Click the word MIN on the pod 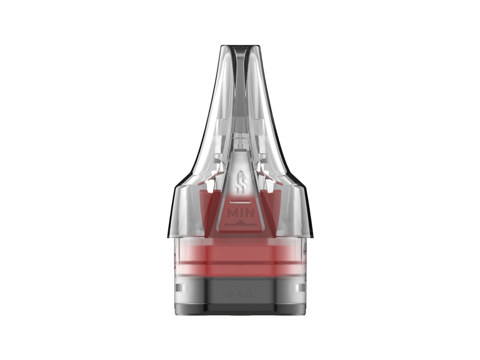pyautogui.click(x=240, y=212)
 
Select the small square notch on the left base pyautogui.click(x=179, y=288)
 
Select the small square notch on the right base pyautogui.click(x=301, y=288)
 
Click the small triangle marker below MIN pyautogui.click(x=240, y=223)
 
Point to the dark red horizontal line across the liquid pyautogui.click(x=240, y=263)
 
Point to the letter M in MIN pyautogui.click(x=231, y=212)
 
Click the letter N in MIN pyautogui.click(x=249, y=212)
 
